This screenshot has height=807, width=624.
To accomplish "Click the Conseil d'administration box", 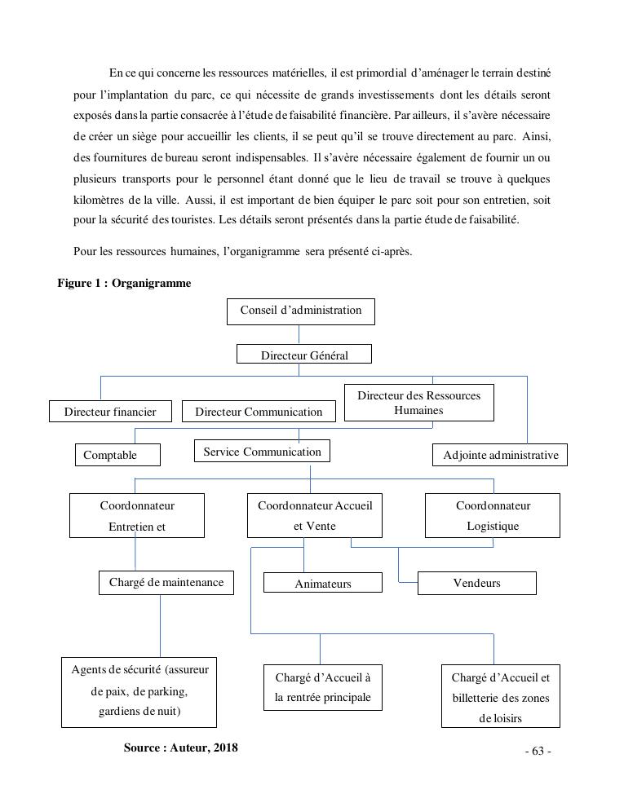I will click(300, 311).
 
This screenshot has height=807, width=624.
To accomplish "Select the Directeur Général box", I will click(303, 355).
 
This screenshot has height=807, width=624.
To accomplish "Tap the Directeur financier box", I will click(110, 412).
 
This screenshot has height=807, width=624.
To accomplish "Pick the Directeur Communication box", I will click(259, 412).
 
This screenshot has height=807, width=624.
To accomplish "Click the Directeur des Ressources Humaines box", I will click(418, 403).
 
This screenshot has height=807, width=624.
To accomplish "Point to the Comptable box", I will click(117, 455).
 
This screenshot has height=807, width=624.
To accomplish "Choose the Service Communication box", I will click(262, 452).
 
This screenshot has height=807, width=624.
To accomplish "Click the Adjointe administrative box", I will click(499, 455).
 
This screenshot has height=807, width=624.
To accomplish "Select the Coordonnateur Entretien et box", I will click(136, 515).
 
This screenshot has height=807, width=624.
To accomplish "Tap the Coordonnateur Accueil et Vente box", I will click(314, 515).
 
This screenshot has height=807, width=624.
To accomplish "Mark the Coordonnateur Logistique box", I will click(492, 515).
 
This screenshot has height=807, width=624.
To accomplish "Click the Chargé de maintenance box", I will click(166, 582).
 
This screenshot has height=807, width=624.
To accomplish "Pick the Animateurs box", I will click(322, 583).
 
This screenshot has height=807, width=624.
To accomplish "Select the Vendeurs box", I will click(476, 583).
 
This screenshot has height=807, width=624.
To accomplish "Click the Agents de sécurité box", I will click(139, 691).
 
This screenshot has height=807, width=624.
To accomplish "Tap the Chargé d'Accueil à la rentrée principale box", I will click(322, 687).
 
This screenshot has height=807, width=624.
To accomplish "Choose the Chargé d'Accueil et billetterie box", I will click(500, 696).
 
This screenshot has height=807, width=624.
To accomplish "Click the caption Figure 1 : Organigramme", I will click(124, 283).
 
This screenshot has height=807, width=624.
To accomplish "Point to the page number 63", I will click(538, 751).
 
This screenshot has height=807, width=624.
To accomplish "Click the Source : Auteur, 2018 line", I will click(180, 747).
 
